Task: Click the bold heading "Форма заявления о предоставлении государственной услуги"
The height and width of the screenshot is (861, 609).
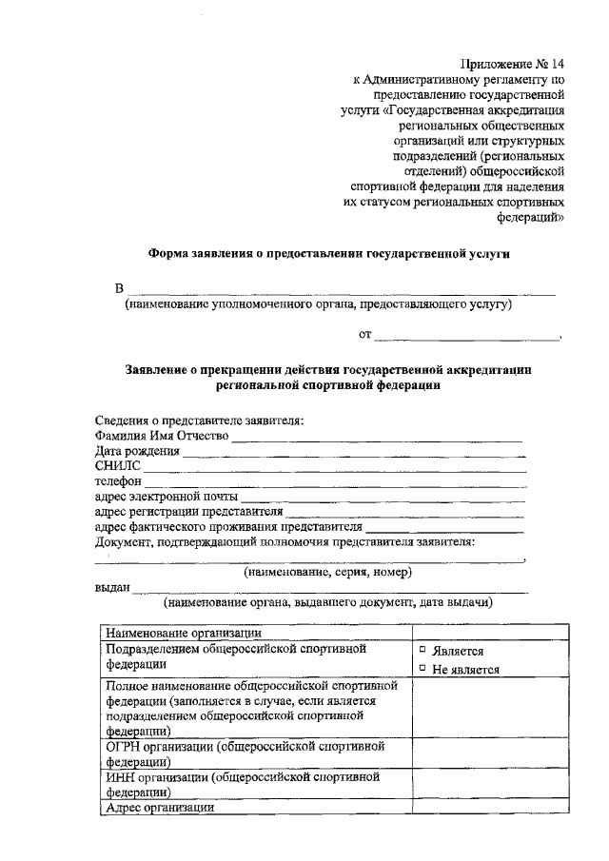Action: click(329, 255)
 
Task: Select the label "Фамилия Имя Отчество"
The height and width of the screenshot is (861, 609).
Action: click(162, 436)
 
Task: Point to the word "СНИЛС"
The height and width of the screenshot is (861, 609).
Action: click(118, 466)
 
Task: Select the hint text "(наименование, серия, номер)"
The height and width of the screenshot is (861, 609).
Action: click(327, 574)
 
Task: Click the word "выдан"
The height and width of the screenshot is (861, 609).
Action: click(112, 589)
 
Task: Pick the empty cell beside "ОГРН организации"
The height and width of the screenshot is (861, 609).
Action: click(489, 753)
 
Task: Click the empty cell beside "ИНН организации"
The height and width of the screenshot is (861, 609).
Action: click(489, 784)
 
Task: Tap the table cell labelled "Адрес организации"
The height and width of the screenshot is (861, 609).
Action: click(160, 808)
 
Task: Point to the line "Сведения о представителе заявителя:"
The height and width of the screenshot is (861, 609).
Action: click(199, 421)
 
